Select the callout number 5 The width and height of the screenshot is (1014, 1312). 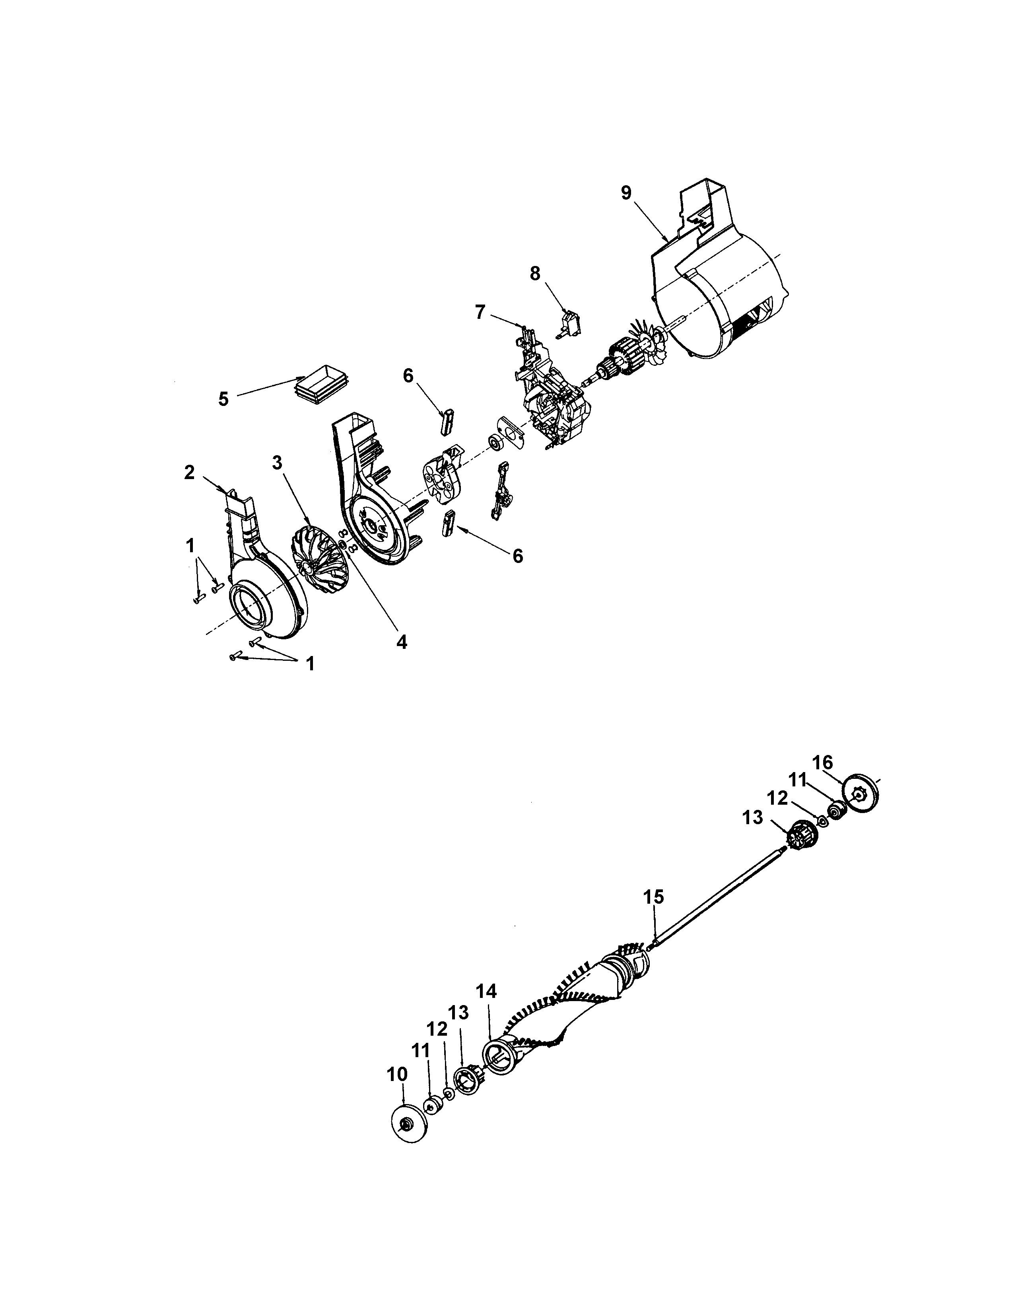click(x=223, y=399)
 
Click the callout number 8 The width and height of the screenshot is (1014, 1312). click(x=534, y=274)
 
